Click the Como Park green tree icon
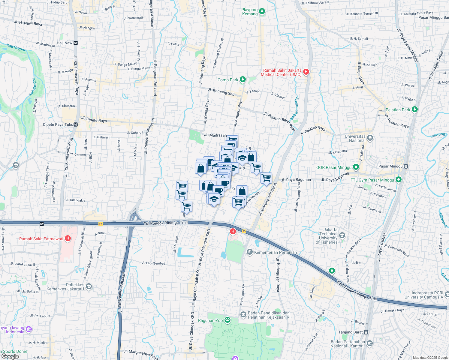pos(243,80)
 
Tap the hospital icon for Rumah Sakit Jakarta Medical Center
pos(306,72)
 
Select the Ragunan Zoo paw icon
pos(228,320)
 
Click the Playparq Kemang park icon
pos(262,11)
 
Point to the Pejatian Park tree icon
pos(415,109)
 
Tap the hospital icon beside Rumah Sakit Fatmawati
pos(68,239)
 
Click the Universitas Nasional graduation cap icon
pos(370,138)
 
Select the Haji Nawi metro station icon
pos(75,43)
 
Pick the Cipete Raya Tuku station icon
pos(76,124)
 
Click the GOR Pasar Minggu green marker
pos(356,167)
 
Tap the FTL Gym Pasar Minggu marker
pos(399,180)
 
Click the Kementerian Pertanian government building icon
pos(249,252)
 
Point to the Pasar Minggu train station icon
pos(406,166)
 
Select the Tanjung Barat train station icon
pos(366,332)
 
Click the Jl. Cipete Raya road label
pos(94,120)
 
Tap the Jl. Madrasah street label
pos(215,135)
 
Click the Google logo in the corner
pos(10,356)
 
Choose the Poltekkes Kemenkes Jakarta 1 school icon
pos(89,287)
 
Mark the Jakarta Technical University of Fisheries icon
pos(342,235)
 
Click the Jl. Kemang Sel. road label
pos(221,92)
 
